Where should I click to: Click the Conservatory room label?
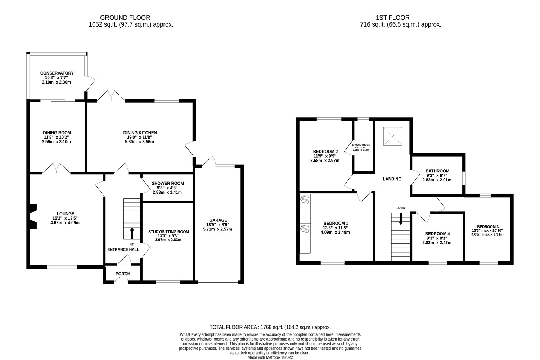pyautogui.click(x=57, y=73)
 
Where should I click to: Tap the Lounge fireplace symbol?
pyautogui.click(x=34, y=216)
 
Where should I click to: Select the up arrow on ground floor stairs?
pyautogui.click(x=132, y=233)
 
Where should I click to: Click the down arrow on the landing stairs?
pyautogui.click(x=401, y=219)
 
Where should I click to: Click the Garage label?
pyautogui.click(x=218, y=220)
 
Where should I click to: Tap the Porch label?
pyautogui.click(x=123, y=274)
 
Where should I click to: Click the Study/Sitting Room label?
pyautogui.click(x=168, y=232)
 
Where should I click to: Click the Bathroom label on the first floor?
pyautogui.click(x=437, y=171)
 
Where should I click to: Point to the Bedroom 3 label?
pyautogui.click(x=488, y=226)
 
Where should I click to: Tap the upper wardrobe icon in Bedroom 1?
pyautogui.click(x=305, y=199)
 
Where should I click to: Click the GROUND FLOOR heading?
pyautogui.click(x=125, y=18)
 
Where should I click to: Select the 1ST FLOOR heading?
pyautogui.click(x=392, y=18)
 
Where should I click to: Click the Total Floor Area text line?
pyautogui.click(x=270, y=327)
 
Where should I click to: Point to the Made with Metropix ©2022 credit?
pyautogui.click(x=270, y=357)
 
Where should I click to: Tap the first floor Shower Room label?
pyautogui.click(x=361, y=145)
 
